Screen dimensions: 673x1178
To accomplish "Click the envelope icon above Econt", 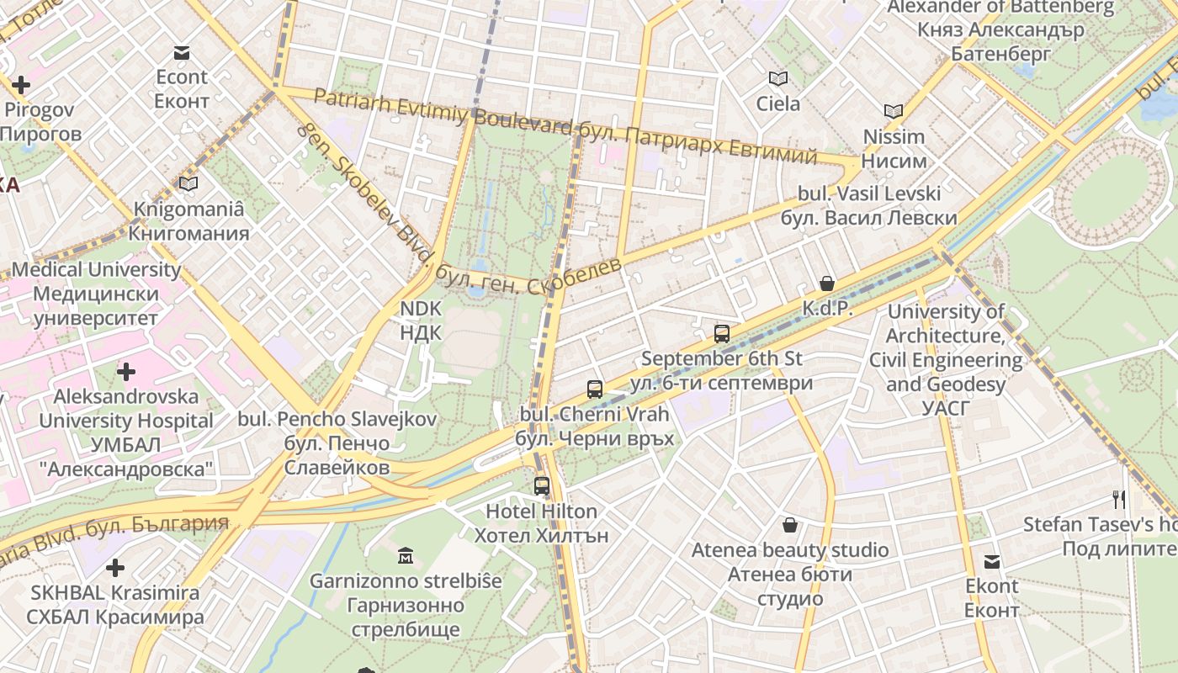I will (182, 53).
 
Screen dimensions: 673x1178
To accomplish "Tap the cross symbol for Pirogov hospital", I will (21, 85).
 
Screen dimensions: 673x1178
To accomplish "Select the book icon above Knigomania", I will (188, 183).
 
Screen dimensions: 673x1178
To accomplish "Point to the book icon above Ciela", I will (778, 79).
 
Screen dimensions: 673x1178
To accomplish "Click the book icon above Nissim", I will (894, 111).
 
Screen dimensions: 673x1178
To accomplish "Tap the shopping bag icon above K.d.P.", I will (827, 284).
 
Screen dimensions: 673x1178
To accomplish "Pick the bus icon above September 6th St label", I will (722, 333).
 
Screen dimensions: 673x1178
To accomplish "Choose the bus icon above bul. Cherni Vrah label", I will (595, 389).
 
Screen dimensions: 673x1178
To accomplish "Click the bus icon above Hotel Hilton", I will (542, 485).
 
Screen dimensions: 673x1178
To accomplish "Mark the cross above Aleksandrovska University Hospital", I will (126, 371).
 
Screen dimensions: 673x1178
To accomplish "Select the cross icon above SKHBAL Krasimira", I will (115, 568).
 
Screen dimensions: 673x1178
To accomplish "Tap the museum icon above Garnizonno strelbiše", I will (406, 555).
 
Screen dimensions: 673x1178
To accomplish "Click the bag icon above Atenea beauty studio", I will (790, 525).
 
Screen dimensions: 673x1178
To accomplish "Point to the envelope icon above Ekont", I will (993, 561).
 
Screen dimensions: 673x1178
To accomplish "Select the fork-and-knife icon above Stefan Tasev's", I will (1119, 499).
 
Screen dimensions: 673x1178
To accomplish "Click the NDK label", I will (421, 321).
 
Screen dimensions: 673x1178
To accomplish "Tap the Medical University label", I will (96, 294).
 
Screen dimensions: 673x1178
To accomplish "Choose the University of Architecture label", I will (946, 360).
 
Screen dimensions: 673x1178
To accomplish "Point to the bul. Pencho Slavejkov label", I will (337, 442).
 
